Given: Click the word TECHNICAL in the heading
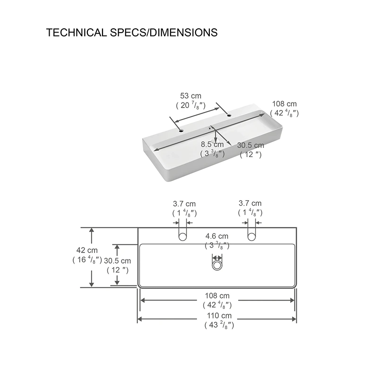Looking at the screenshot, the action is (x=76, y=33).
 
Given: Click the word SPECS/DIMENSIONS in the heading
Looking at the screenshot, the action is (x=163, y=33).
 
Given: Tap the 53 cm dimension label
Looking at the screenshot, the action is (x=190, y=96).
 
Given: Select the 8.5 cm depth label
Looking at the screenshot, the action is (x=212, y=145).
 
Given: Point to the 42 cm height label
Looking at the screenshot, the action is (x=87, y=250).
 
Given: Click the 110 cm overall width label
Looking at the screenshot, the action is (x=219, y=316).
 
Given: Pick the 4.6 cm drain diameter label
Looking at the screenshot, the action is (x=217, y=236).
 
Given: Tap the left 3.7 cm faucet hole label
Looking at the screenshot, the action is (x=184, y=204).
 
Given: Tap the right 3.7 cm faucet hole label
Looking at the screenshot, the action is (x=250, y=203).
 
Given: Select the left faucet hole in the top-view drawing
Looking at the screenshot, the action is (x=182, y=237).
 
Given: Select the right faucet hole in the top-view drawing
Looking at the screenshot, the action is (x=251, y=237).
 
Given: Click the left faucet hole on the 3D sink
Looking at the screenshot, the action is (x=181, y=131).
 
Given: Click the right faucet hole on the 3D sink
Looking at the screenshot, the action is (x=229, y=115).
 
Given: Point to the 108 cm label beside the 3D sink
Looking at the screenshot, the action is (x=284, y=104).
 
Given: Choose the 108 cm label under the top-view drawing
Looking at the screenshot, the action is (x=217, y=296).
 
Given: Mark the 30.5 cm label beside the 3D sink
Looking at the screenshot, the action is (x=250, y=146).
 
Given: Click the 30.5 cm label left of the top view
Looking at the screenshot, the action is (x=117, y=261).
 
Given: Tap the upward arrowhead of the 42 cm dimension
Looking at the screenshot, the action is (x=91, y=230).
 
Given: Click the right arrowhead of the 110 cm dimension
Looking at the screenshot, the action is (x=294, y=319).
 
